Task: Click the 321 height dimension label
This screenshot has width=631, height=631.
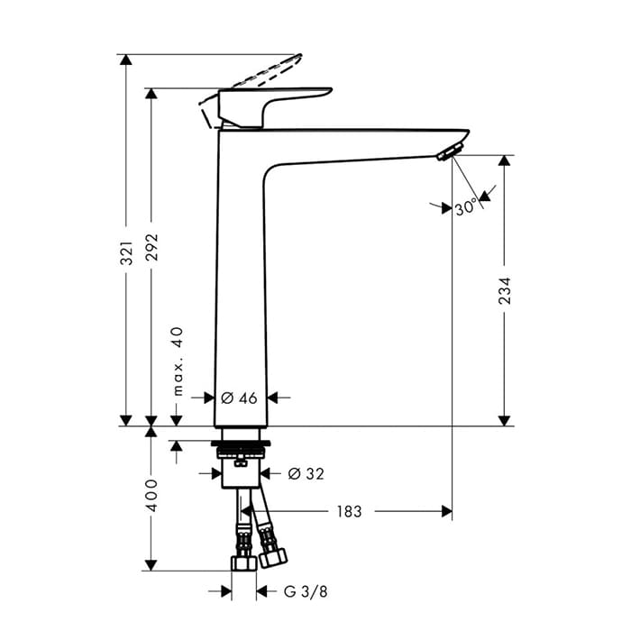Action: (127, 253)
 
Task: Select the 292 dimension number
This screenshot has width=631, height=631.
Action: (152, 247)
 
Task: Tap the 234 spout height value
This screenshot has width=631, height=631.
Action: (504, 290)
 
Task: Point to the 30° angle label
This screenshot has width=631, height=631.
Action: (466, 207)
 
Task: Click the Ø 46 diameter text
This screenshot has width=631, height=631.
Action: (239, 398)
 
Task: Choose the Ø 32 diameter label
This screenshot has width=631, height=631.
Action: (306, 473)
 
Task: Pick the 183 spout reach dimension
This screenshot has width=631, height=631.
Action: (349, 511)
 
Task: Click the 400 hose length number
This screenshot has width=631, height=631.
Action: (152, 495)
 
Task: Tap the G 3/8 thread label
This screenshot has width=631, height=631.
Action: (306, 591)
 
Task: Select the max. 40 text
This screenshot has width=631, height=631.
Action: (178, 361)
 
